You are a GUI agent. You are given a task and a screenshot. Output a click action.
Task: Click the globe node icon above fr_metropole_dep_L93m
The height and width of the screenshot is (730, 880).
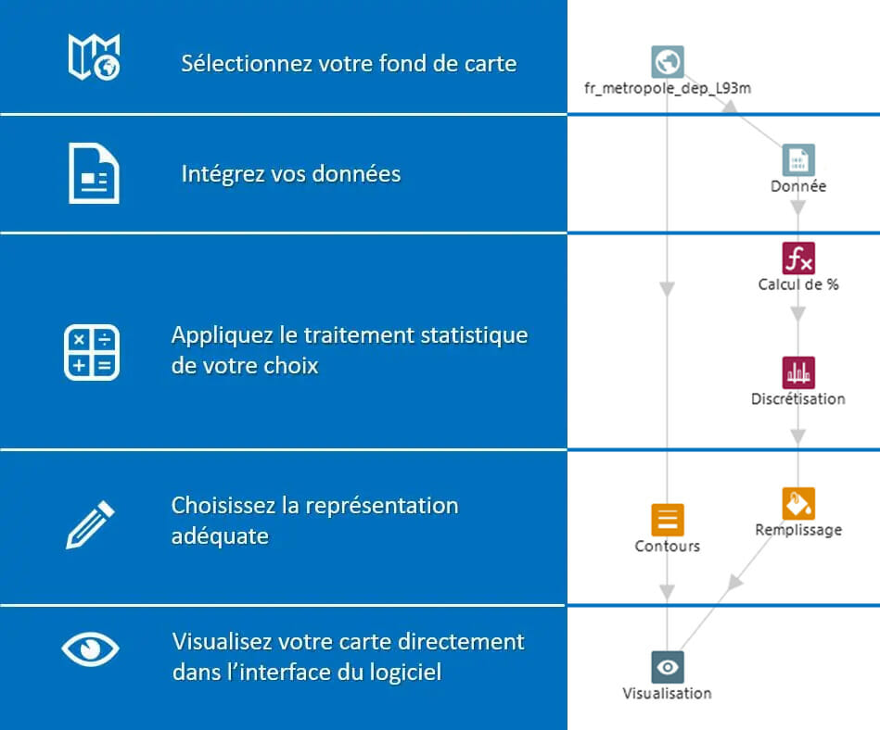pos(668,62)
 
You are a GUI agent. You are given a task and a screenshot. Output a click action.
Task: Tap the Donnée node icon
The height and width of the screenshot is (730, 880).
pos(798,159)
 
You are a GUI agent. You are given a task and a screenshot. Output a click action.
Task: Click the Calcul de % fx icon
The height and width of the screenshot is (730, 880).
pos(798,258)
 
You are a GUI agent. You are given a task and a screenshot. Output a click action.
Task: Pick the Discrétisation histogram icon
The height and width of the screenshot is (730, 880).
pos(798,372)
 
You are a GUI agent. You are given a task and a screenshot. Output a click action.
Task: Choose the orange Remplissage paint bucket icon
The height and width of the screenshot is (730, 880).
pos(798,503)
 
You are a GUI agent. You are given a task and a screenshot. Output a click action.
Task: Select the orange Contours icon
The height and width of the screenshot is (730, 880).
pos(668,520)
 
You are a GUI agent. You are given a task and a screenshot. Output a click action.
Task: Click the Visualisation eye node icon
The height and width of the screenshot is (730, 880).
pos(668,666)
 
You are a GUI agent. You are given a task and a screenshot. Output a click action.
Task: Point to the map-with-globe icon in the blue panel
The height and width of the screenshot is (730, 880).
pos(94,56)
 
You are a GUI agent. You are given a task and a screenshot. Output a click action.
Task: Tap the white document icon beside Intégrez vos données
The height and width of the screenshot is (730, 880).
pos(94,173)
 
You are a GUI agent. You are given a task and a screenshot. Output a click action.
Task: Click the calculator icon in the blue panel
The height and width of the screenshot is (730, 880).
pos(91,352)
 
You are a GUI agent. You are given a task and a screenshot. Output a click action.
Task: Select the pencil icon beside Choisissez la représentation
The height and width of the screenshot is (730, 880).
pos(91,524)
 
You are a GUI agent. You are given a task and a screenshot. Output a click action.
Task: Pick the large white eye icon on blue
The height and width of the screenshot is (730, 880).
pos(90,648)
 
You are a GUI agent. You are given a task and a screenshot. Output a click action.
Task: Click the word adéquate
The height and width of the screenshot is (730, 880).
pos(220,536)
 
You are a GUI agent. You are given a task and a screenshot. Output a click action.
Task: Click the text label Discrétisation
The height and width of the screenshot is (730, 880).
pos(798,399)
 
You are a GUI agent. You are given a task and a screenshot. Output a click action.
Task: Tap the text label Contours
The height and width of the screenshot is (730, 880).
pos(668,547)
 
